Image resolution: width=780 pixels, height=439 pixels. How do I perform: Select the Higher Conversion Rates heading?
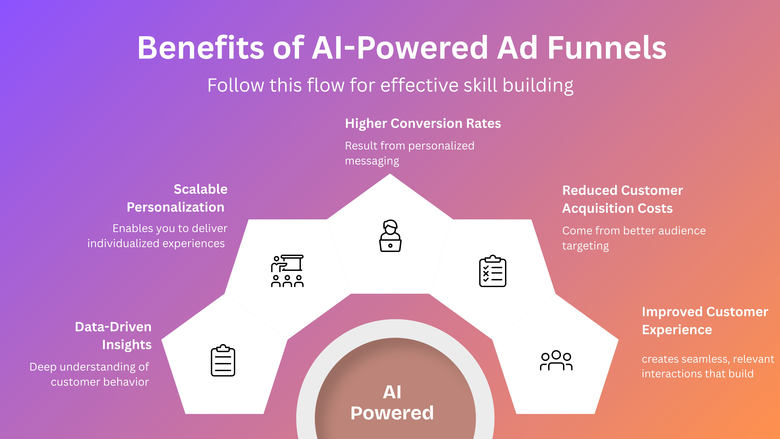tap(423, 123)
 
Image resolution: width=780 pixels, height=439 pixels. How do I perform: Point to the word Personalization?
tap(176, 207)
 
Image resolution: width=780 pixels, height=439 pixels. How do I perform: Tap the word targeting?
tap(585, 246)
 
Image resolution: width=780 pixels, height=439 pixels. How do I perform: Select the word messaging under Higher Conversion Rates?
tap(372, 161)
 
